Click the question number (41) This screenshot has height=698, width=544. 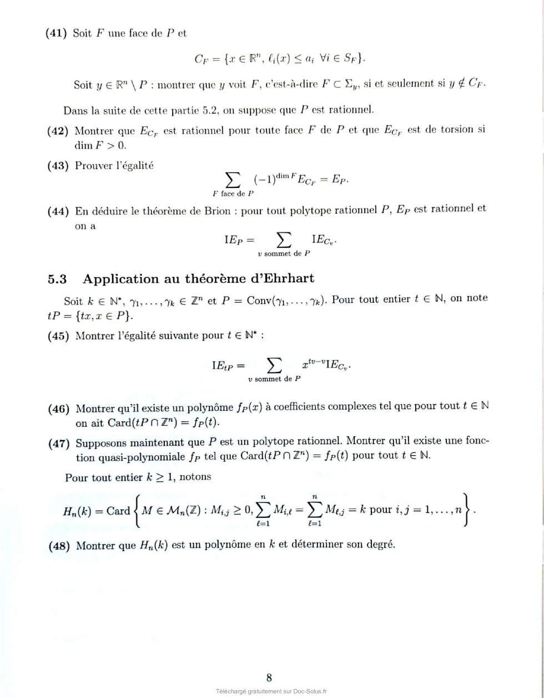(57, 33)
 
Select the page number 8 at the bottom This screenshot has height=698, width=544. (269, 677)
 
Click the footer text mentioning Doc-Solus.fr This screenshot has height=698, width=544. (271, 691)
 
